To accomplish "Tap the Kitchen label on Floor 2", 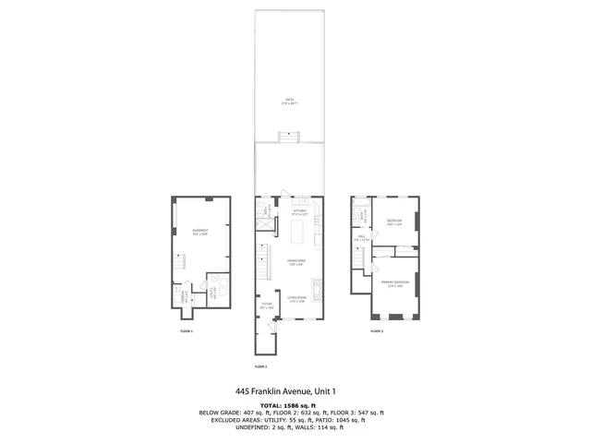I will [299, 213].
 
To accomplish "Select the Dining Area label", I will [296, 261].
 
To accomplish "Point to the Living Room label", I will [296, 298].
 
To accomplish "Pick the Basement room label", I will [199, 232].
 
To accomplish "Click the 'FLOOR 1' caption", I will [187, 330].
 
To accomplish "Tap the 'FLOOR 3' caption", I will [377, 330].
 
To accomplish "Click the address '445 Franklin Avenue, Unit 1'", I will [291, 390].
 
